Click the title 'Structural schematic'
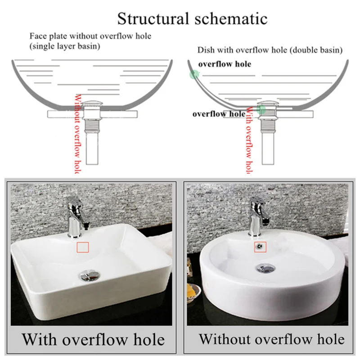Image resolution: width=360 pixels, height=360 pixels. tap(192, 18)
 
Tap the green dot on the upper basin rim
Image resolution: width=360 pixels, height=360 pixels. tap(194, 75)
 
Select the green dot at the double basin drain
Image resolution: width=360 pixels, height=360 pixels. tap(261, 109)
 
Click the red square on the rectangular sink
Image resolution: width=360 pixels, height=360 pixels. tap(83, 247)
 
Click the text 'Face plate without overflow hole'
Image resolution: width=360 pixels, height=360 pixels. tap(90, 36)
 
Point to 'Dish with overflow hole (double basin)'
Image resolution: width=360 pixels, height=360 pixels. tap(270, 50)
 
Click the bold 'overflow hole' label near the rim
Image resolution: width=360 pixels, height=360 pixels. tap(225, 64)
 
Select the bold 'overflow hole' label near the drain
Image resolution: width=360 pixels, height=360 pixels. tap(219, 113)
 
